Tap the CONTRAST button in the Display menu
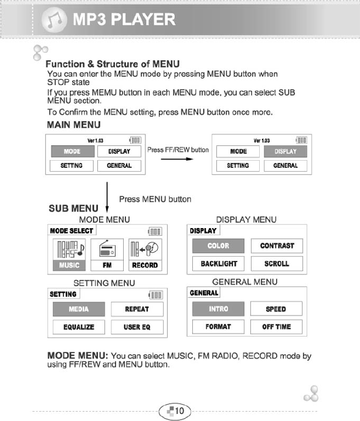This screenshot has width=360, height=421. click(277, 246)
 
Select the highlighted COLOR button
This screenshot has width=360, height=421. click(218, 246)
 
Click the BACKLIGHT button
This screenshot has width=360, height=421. click(218, 264)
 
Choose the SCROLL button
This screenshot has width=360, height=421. click(277, 264)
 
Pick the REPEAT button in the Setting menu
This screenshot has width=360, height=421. click(137, 309)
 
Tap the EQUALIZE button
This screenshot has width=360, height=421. click(79, 327)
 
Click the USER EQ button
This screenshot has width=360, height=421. click(137, 327)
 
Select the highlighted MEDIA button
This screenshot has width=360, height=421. click(79, 309)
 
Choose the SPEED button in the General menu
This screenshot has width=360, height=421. click(276, 309)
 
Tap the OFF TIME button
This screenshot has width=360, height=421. click(276, 327)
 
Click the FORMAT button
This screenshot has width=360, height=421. click(218, 327)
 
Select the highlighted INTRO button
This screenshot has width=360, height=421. click(218, 309)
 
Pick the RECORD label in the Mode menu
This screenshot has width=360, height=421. click(144, 265)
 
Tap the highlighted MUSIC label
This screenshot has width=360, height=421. click(70, 265)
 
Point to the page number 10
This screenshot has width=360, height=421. click(179, 410)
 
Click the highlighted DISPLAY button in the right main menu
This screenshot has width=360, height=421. click(286, 151)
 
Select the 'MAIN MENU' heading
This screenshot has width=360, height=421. click(74, 125)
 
